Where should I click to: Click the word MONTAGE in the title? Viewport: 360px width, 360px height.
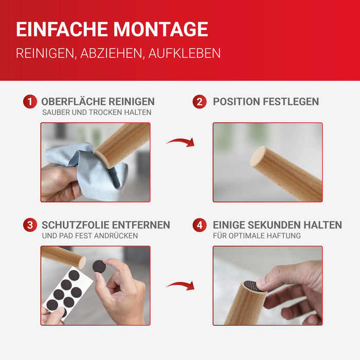click(x=160, y=29)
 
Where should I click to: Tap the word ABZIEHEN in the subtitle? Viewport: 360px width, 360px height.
click(x=111, y=53)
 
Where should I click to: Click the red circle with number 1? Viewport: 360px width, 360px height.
click(x=30, y=101)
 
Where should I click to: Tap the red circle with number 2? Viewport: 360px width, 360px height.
click(x=200, y=101)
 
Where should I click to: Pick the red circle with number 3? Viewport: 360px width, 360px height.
click(x=30, y=225)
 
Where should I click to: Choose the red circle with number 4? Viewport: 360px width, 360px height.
click(x=200, y=225)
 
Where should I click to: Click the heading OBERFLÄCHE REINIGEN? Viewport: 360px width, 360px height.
click(x=98, y=101)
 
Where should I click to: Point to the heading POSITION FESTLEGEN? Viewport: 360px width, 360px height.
click(x=266, y=101)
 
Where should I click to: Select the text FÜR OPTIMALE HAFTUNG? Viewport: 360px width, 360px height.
click(x=257, y=236)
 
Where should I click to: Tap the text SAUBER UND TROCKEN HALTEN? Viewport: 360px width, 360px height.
click(x=97, y=112)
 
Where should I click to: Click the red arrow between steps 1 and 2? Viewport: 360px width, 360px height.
click(x=181, y=141)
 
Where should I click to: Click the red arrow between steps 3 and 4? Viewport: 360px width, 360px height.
click(x=181, y=285)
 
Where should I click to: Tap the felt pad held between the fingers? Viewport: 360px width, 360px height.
click(x=99, y=266)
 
